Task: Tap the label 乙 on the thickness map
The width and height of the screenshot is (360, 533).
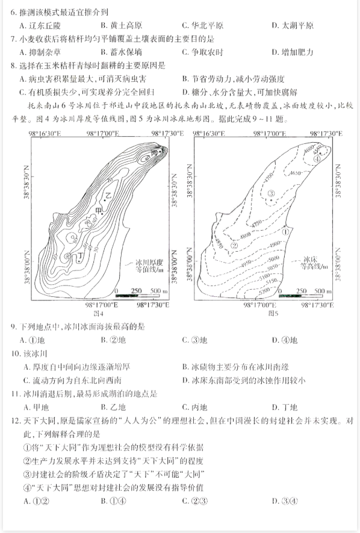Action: [x=108, y=196]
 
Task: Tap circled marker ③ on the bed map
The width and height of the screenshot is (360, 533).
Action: [x=272, y=193]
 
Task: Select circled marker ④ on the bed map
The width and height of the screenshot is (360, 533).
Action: [x=317, y=158]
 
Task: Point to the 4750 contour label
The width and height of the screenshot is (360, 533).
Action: [x=258, y=222]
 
